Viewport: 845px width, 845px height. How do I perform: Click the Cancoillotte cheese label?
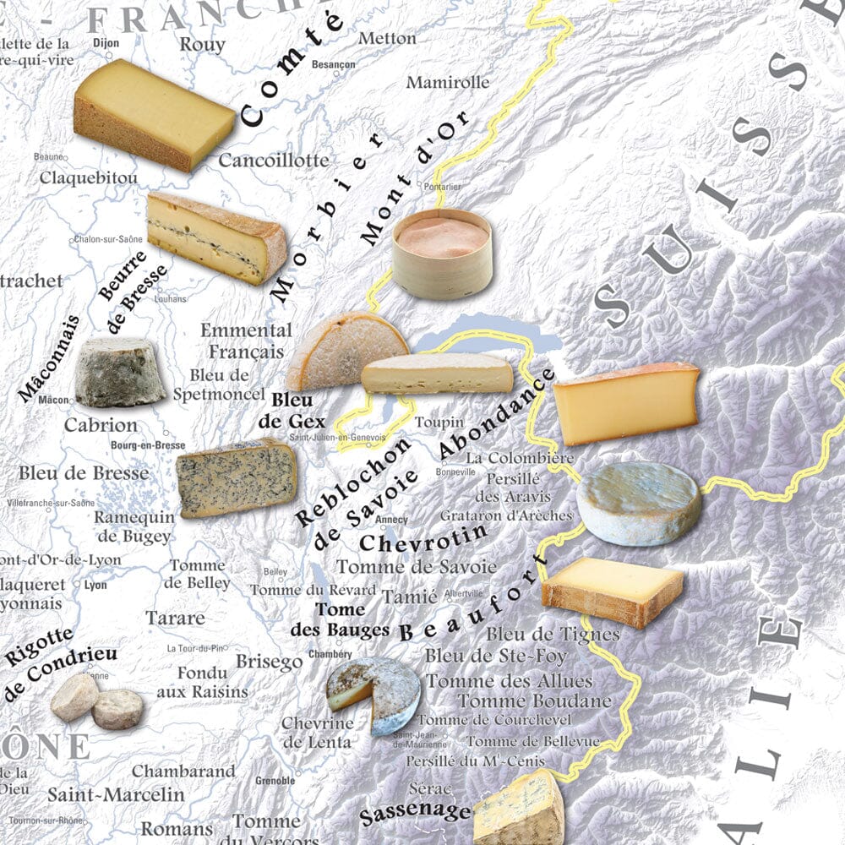[274, 160]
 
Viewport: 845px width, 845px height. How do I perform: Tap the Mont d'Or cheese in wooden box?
[442, 253]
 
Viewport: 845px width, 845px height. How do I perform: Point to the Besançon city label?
[333, 65]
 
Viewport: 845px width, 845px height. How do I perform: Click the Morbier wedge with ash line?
[216, 237]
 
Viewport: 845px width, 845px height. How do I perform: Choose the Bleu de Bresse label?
[84, 473]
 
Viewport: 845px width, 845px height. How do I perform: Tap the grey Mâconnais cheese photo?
[120, 373]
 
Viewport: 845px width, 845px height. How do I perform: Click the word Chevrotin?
[423, 537]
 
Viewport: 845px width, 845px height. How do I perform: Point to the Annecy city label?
[394, 520]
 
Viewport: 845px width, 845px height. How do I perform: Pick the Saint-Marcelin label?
[116, 794]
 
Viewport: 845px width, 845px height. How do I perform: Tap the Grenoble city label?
[275, 781]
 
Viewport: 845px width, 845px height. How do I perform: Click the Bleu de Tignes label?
[553, 634]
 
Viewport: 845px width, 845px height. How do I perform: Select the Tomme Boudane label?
[534, 701]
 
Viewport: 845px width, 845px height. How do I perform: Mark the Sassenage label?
[414, 814]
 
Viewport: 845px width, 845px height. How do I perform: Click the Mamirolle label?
[448, 83]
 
